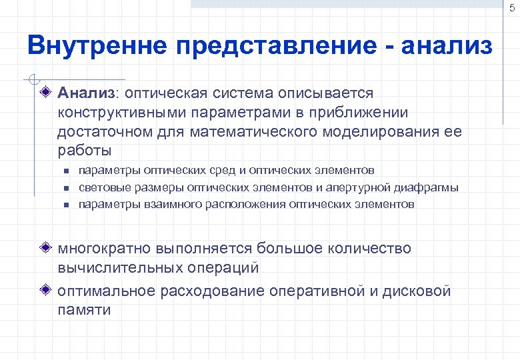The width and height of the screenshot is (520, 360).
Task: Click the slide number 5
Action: point(511,8)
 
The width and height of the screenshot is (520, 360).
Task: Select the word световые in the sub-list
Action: point(103,187)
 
